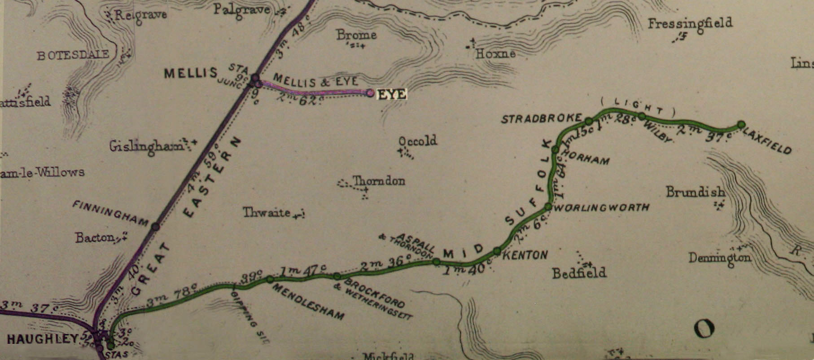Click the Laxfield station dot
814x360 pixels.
(x=741, y=124)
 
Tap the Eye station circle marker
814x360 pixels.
(x=370, y=93)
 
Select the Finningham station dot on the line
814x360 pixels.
(x=155, y=227)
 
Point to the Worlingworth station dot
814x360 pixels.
(x=548, y=206)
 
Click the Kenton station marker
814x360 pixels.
(x=497, y=251)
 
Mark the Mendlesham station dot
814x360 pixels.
(x=270, y=279)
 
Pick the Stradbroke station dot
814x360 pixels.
(x=588, y=121)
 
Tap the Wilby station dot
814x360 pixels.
(x=642, y=116)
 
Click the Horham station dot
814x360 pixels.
(x=555, y=149)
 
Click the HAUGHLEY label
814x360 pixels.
(x=43, y=339)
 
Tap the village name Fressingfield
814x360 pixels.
(x=689, y=23)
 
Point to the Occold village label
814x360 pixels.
(x=417, y=141)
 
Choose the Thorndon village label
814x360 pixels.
(x=379, y=181)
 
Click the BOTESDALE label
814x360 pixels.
(x=73, y=55)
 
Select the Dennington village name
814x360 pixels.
(x=719, y=258)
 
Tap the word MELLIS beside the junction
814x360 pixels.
(x=191, y=73)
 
